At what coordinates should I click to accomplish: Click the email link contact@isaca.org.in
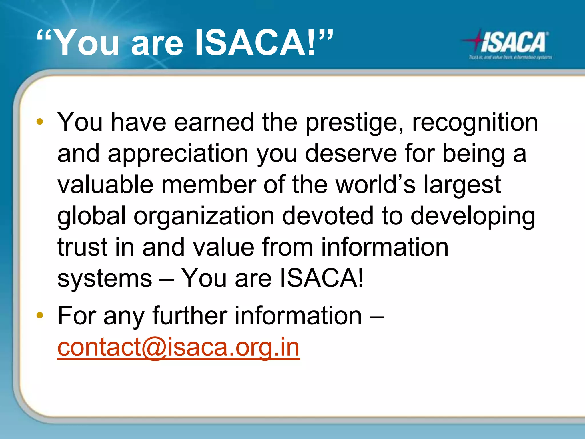[x=179, y=347]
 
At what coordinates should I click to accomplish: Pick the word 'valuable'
[x=105, y=185]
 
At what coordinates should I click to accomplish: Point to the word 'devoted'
[x=328, y=215]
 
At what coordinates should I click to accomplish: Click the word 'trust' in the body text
[x=82, y=247]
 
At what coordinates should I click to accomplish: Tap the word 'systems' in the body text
[x=105, y=278]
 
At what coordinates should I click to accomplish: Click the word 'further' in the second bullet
[x=190, y=316]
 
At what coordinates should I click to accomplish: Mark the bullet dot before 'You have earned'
[x=40, y=122]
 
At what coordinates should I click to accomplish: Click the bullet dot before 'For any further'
[x=40, y=315]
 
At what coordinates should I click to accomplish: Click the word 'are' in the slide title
[x=157, y=44]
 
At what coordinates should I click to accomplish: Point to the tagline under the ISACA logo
[x=510, y=57]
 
